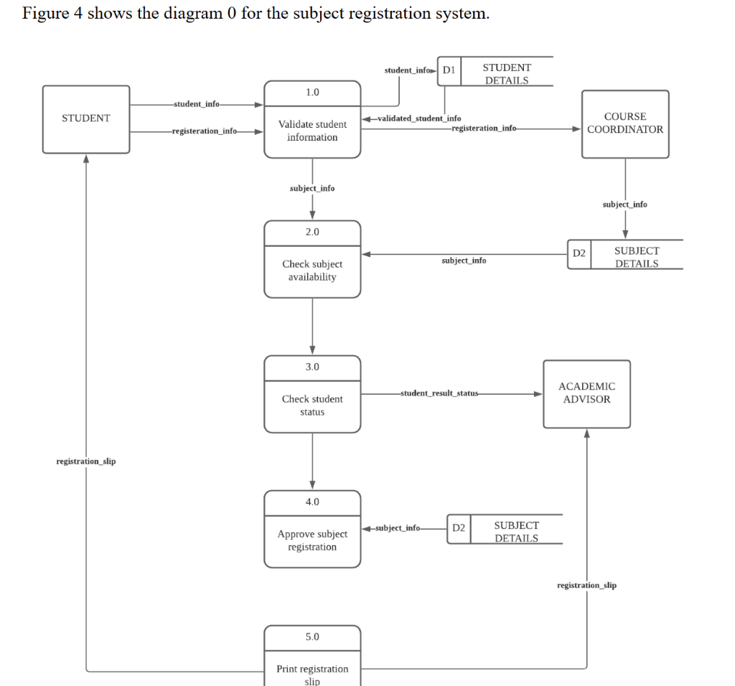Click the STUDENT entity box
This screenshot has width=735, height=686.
pyautogui.click(x=86, y=119)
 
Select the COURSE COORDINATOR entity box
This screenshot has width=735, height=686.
pyautogui.click(x=625, y=123)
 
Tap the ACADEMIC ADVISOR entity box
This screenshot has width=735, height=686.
pyautogui.click(x=586, y=393)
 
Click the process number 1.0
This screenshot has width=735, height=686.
pyautogui.click(x=312, y=93)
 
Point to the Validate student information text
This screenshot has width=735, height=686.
pyautogui.click(x=312, y=131)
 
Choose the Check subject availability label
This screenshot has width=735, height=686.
pyautogui.click(x=312, y=271)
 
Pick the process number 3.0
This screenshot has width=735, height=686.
pyautogui.click(x=312, y=367)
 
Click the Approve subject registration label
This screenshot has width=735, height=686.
pyautogui.click(x=312, y=540)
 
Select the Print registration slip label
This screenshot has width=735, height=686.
pyautogui.click(x=312, y=675)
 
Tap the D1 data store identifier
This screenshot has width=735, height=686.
pyautogui.click(x=449, y=70)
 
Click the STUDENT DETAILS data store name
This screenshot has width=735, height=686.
pyautogui.click(x=507, y=74)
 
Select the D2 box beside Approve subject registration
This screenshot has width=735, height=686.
pyautogui.click(x=459, y=528)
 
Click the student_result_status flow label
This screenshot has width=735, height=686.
pyautogui.click(x=439, y=393)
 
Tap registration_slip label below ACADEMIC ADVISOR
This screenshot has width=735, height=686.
pyautogui.click(x=586, y=586)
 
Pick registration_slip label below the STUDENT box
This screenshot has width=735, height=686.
pyautogui.click(x=86, y=461)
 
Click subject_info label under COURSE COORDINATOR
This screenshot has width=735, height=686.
pyautogui.click(x=624, y=205)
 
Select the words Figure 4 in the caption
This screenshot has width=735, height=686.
pyautogui.click(x=53, y=14)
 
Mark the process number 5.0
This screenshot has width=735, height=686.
pyautogui.click(x=312, y=636)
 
